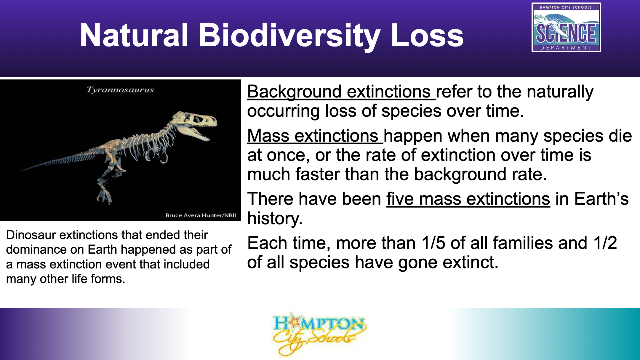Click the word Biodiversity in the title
click(289, 36)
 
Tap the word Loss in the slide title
click(427, 35)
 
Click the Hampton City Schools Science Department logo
click(566, 27)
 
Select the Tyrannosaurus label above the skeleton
click(120, 90)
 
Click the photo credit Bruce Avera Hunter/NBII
click(201, 215)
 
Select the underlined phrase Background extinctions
click(341, 92)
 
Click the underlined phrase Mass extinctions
click(315, 136)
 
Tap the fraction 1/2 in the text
click(605, 243)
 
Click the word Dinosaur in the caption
click(31, 235)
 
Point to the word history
click(275, 219)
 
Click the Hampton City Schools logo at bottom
click(319, 334)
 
